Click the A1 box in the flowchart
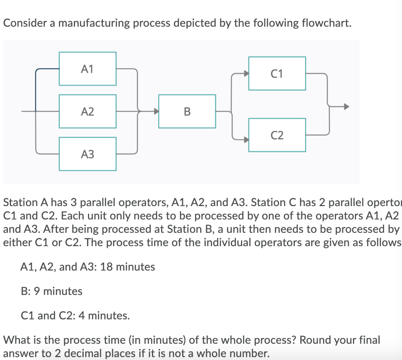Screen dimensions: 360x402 87,69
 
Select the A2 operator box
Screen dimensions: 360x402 87,111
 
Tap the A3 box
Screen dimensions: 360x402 87,154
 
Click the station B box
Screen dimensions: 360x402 187,111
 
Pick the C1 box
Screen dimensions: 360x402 277,73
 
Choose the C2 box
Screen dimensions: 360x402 277,135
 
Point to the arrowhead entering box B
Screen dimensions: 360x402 156,111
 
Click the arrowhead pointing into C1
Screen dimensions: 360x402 246,73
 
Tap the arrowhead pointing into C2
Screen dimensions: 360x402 246,139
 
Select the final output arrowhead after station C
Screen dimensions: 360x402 345,106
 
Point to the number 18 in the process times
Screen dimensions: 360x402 106,267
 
